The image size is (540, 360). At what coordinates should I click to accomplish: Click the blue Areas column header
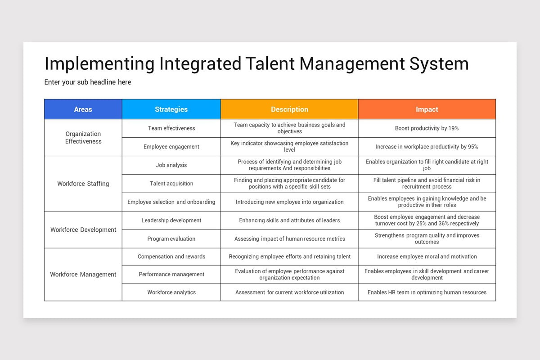(83, 109)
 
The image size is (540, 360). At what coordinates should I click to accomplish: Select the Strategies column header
(171, 109)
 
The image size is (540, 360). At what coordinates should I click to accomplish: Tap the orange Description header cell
(289, 109)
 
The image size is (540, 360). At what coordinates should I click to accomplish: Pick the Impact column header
(427, 109)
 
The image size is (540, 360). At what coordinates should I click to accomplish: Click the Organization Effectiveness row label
(83, 138)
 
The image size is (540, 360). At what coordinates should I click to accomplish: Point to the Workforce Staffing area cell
(83, 184)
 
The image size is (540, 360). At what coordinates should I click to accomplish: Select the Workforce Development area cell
(83, 229)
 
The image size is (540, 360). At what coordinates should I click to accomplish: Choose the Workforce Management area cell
(83, 274)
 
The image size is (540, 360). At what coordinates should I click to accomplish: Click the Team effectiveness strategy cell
(171, 128)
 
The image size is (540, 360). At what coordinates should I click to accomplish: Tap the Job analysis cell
(171, 165)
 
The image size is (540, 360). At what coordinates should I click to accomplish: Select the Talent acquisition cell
(171, 184)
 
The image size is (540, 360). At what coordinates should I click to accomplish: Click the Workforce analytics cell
(171, 292)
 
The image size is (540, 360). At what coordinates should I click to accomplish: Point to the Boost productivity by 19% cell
(427, 128)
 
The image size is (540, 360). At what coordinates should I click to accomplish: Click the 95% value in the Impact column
(472, 147)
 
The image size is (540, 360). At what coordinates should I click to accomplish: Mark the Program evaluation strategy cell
(171, 239)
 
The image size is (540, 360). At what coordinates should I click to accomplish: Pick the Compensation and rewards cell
(171, 256)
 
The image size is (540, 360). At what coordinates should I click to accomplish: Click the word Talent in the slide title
(270, 64)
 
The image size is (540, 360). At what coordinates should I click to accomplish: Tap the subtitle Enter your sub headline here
(88, 82)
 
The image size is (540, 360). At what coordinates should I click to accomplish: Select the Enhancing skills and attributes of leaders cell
(289, 220)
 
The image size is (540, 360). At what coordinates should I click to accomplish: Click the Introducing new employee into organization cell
(289, 202)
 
